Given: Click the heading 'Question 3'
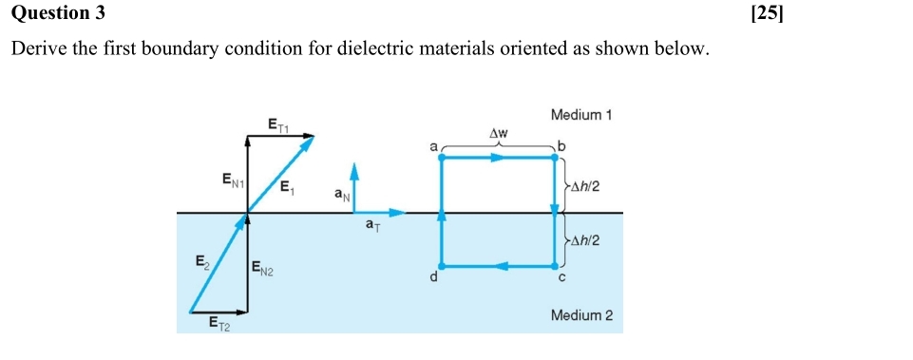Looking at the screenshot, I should click(58, 13).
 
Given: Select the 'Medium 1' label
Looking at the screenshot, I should click(580, 115).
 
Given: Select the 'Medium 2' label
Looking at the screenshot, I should click(580, 314).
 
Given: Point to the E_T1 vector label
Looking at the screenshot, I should click(278, 123).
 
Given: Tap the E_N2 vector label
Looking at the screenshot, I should click(263, 272).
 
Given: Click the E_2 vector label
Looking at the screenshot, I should click(201, 259).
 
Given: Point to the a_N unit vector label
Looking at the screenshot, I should click(342, 195).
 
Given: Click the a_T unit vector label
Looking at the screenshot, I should click(373, 226).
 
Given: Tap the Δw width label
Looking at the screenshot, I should click(499, 133).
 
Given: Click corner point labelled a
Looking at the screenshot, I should click(434, 147).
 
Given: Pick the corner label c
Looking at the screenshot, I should click(561, 278).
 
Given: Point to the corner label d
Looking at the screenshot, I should click(434, 277).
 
